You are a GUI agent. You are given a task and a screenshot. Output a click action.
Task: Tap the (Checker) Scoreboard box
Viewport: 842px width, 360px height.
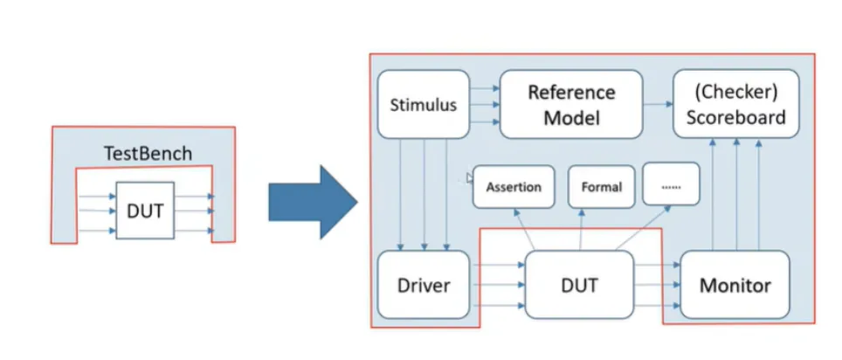pyautogui.click(x=737, y=105)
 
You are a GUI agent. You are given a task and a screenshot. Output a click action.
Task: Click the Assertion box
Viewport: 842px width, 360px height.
pyautogui.click(x=514, y=186)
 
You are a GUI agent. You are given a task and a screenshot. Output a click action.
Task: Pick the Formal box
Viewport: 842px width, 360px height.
pyautogui.click(x=601, y=186)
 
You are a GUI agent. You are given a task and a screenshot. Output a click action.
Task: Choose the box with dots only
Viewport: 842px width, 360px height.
pyautogui.click(x=671, y=184)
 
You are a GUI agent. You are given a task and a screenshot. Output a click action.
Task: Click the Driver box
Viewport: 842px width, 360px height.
pyautogui.click(x=424, y=285)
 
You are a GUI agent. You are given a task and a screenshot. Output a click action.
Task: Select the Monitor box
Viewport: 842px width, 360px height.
pyautogui.click(x=735, y=285)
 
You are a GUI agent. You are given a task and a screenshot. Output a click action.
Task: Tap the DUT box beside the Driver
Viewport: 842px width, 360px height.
pyautogui.click(x=579, y=285)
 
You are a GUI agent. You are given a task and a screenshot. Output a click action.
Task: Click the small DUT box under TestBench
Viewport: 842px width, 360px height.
pyautogui.click(x=145, y=211)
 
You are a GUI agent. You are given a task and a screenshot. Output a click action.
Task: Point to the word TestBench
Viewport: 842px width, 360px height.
pyautogui.click(x=147, y=154)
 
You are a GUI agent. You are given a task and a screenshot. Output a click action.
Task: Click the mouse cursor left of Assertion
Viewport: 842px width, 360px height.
pyautogui.click(x=470, y=178)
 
